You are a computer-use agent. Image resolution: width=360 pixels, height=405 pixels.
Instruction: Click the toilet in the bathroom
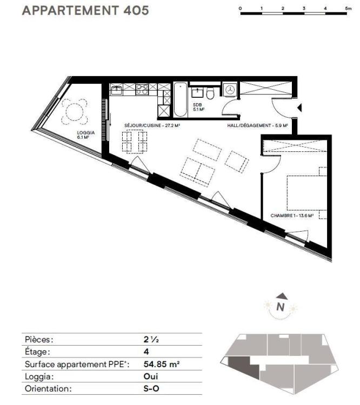coord(210,93)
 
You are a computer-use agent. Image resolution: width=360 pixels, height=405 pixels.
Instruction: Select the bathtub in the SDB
coord(180,100)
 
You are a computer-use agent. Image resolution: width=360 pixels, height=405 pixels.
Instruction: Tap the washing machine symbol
coord(229,90)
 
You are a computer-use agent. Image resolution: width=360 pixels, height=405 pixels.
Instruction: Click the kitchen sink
coord(116,90)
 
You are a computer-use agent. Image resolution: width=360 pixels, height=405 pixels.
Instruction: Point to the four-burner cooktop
coord(142,89)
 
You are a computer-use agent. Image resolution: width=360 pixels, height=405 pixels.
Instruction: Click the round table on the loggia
coord(74,112)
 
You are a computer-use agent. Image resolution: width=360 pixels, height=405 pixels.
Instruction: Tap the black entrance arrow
coord(299,107)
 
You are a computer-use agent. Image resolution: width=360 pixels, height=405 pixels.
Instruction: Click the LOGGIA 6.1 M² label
coord(86,135)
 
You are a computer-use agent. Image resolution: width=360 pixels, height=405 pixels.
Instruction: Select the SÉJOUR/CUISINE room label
coord(152,125)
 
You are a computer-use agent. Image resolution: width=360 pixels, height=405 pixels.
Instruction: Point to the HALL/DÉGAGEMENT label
coord(257,125)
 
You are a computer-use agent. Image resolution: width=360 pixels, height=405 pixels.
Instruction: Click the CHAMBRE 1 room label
coord(292,215)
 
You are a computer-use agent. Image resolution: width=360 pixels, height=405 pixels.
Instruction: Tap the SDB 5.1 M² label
coord(198,107)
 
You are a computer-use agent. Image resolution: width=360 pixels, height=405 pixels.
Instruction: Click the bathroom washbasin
coord(197,92)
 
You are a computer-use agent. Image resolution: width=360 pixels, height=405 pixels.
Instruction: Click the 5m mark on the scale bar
coord(348,8)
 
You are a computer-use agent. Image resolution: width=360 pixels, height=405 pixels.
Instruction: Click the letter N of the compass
coord(281,307)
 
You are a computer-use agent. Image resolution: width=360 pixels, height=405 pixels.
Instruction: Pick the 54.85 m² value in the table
coord(162,364)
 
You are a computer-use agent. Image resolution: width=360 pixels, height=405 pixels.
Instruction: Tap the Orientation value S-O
coord(151,388)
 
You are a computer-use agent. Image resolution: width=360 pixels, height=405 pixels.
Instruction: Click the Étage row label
coord(36,352)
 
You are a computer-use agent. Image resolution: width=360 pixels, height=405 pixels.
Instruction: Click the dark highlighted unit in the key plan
coord(243,366)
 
